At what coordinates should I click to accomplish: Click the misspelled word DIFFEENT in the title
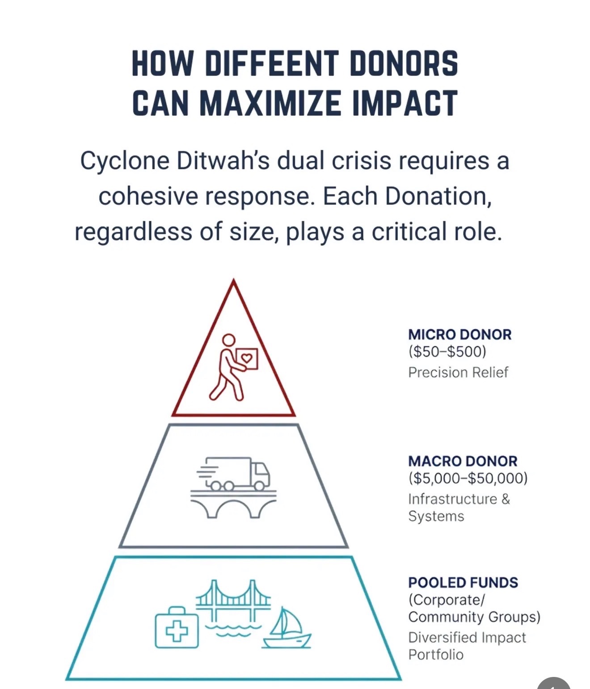[271, 63]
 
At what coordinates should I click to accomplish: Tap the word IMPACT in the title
[405, 103]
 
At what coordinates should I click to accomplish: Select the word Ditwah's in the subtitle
[223, 161]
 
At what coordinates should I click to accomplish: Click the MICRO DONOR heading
[459, 335]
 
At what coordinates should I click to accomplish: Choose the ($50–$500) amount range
[447, 352]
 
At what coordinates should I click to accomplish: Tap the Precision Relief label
[458, 372]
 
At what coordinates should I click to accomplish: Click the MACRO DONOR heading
[463, 461]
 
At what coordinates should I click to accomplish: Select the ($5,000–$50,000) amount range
[468, 479]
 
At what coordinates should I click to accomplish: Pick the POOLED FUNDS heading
[463, 583]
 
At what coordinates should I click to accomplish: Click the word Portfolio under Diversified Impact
[436, 655]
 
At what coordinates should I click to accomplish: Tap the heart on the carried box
[247, 358]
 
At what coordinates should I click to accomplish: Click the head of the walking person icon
[228, 340]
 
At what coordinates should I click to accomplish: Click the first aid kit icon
[177, 628]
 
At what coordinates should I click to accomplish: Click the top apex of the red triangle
[233, 281]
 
